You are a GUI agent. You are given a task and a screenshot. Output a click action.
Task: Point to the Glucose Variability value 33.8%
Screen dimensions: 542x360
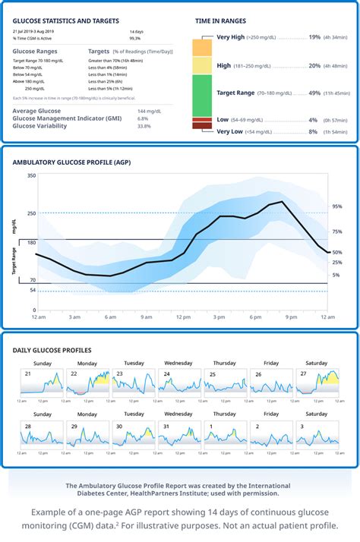144,126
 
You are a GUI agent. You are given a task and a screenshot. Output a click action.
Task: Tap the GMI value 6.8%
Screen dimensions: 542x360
143,118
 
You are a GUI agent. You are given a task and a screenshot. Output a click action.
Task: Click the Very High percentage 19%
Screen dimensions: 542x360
314,36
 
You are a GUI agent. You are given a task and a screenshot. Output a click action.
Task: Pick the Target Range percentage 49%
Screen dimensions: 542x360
314,93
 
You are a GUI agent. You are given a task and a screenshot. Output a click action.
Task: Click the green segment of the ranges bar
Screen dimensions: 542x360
201,94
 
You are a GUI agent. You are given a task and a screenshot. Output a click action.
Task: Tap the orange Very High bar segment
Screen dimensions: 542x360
201,46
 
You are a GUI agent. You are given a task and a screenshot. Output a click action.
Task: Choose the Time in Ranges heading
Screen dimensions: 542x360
221,21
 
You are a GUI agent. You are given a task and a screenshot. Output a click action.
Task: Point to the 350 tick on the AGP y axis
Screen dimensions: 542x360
31,176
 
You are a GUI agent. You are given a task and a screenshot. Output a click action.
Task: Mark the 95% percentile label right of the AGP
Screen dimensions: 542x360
336,206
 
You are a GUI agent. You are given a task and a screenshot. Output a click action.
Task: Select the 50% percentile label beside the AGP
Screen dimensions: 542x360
336,252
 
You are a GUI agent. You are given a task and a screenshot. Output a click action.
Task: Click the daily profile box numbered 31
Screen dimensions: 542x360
179,434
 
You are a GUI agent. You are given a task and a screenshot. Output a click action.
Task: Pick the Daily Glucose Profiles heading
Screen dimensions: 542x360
52,350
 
